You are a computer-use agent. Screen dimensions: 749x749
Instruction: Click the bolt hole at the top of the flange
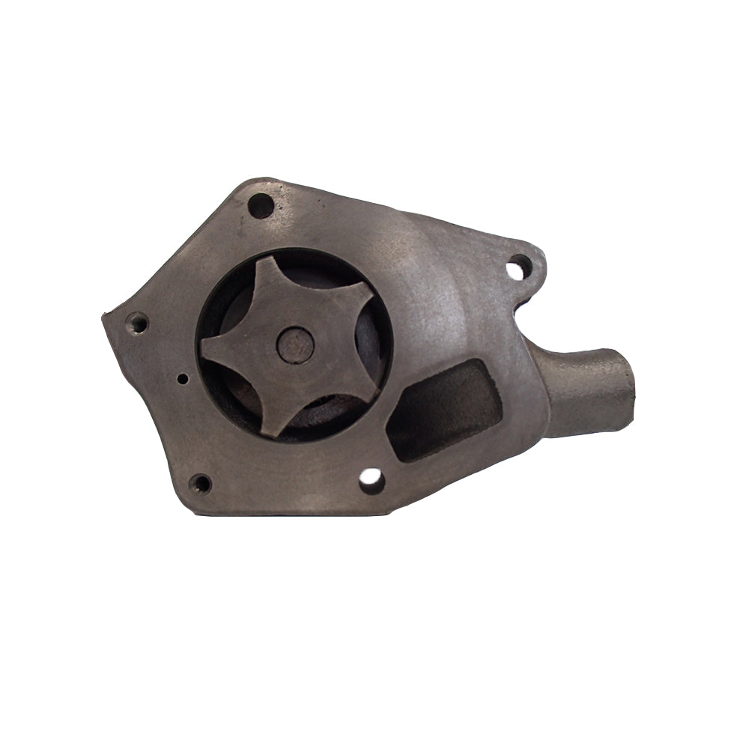261,205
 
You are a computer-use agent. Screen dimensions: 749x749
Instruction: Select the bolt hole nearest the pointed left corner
137,324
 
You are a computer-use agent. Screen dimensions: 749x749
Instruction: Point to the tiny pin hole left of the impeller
182,379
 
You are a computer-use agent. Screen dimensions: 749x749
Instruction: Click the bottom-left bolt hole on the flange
201,483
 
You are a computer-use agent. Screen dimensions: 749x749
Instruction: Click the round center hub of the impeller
294,345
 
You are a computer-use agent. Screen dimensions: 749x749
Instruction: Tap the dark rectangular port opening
446,410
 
